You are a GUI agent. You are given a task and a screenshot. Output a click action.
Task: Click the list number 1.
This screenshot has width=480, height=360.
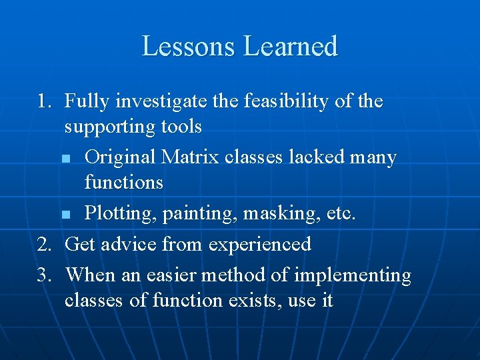pos(43,102)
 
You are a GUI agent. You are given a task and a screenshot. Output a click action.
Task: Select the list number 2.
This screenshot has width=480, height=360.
pos(43,244)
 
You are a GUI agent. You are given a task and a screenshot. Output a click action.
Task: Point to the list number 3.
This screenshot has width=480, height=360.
pos(43,274)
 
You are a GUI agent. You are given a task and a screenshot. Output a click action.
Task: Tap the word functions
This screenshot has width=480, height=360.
pos(123,182)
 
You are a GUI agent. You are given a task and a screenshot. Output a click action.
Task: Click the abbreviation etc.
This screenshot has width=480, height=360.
pos(340,214)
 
